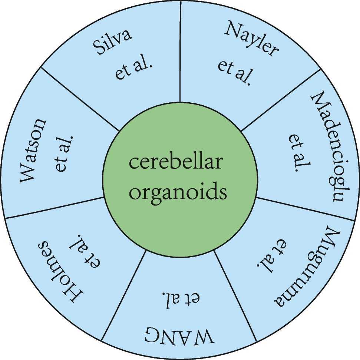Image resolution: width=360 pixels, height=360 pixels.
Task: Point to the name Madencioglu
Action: (326, 146)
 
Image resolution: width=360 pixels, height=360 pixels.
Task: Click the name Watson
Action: (33, 150)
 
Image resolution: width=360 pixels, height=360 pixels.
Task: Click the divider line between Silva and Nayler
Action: (180, 52)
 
